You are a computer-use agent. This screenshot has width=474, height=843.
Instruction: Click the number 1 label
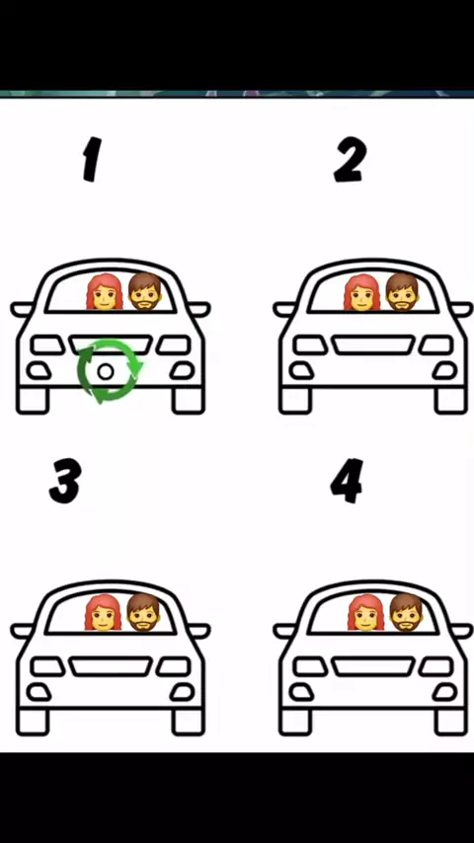pos(92,159)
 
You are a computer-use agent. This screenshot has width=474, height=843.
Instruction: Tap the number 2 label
pos(350,159)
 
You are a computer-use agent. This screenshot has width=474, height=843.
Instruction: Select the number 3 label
pos(65,481)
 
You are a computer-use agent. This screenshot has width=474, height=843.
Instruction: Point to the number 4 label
pos(347,481)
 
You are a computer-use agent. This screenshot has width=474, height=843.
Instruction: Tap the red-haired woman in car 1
pos(105,292)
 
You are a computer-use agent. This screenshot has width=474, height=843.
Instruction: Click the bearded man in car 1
pos(145,291)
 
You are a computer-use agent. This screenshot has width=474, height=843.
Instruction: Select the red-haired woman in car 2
pos(362,292)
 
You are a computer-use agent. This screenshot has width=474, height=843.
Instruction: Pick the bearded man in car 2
pos(403,292)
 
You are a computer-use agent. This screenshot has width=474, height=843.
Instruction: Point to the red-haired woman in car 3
pos(103,612)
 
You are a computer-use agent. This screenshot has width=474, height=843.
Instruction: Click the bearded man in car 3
pos(143,612)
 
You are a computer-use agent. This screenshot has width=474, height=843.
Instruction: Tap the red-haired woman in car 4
pos(365,612)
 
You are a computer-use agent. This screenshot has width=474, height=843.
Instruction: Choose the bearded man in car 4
pos(406,612)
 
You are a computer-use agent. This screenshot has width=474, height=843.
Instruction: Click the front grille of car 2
pos(373,345)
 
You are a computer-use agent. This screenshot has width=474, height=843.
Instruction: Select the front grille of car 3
pos(111,666)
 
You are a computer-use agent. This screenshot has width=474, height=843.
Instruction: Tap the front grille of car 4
pos(373,666)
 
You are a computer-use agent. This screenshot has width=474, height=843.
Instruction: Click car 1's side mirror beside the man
pos(198,309)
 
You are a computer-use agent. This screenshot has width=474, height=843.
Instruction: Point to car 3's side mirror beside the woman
pos(22,631)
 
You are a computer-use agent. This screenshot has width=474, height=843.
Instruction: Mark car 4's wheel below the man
pos(451,722)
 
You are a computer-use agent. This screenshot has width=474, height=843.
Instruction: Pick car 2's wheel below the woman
pos(295,401)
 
